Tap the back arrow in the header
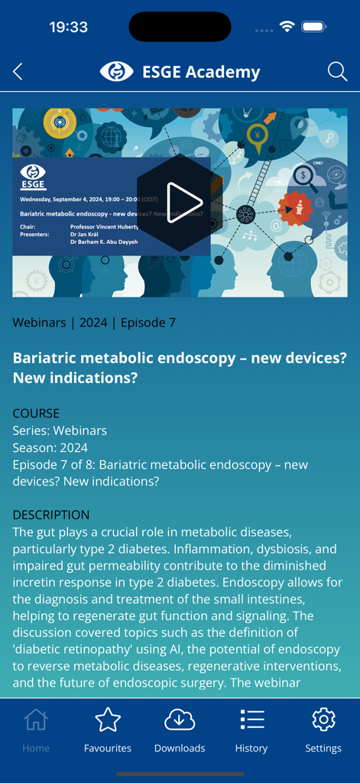click(x=18, y=72)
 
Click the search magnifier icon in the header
click(x=337, y=72)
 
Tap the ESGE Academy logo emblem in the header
click(x=117, y=72)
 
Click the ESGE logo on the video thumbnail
click(x=33, y=177)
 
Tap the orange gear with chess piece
click(x=295, y=209)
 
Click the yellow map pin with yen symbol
click(x=258, y=138)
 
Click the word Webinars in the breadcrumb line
click(x=39, y=323)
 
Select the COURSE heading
click(x=36, y=414)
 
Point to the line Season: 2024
click(x=50, y=447)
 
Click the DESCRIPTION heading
click(x=51, y=515)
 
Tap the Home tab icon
click(x=36, y=720)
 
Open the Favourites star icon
click(x=108, y=720)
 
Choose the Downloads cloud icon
click(x=180, y=720)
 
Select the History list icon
click(x=251, y=720)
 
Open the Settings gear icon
click(x=323, y=720)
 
